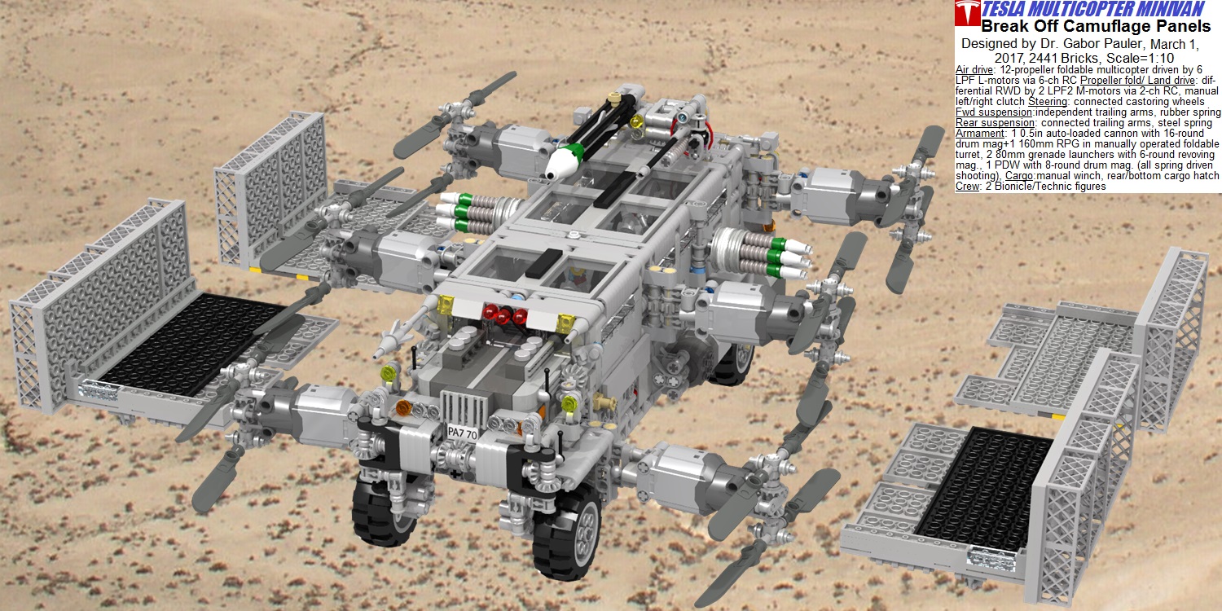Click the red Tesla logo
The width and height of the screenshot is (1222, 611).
click(x=967, y=12)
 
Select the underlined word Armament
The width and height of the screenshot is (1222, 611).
click(x=980, y=134)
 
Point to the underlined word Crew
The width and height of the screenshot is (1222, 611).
click(x=967, y=187)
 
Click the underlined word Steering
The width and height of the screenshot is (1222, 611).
click(x=1048, y=102)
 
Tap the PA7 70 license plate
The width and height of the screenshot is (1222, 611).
click(x=462, y=433)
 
